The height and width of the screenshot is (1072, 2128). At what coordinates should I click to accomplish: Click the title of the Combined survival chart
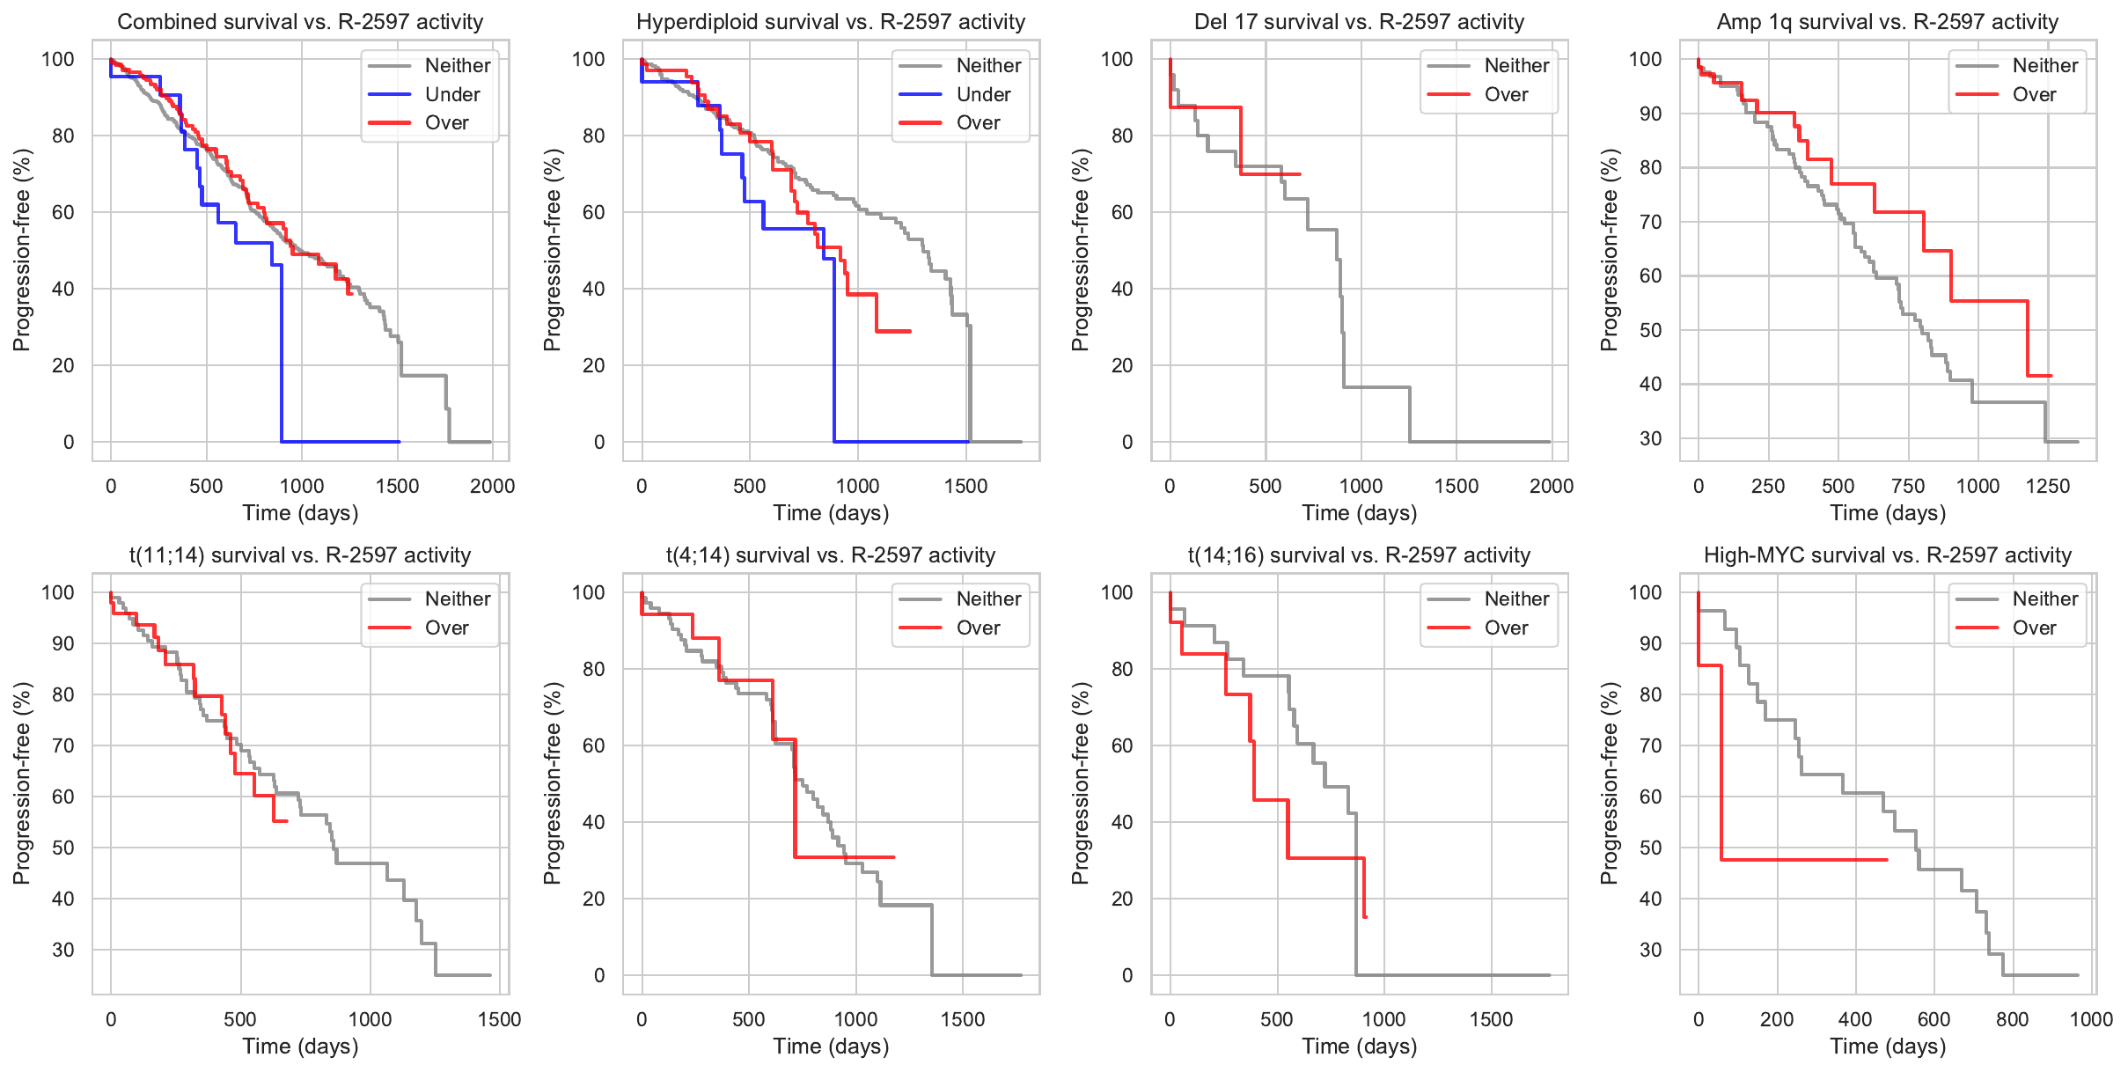(300, 22)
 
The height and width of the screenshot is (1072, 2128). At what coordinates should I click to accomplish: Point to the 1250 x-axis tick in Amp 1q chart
(2047, 486)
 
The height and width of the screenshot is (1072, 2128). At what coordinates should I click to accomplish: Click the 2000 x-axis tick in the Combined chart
(492, 486)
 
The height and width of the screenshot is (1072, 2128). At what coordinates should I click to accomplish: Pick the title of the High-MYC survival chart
(1887, 555)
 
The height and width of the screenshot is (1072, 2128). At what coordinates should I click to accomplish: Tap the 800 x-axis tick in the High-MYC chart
(2012, 1019)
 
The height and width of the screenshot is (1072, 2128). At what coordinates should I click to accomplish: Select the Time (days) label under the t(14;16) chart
(1359, 1046)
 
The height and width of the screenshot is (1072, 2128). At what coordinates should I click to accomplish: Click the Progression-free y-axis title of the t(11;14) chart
(22, 783)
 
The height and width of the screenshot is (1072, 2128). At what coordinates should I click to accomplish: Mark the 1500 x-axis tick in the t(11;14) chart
(499, 1019)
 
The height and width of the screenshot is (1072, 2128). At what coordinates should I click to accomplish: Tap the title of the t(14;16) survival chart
(1359, 555)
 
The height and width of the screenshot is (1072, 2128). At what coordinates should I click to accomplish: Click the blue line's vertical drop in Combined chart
(282, 352)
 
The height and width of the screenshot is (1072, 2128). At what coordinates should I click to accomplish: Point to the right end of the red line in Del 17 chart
(1300, 174)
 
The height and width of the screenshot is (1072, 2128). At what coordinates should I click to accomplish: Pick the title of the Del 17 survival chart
(1359, 22)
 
